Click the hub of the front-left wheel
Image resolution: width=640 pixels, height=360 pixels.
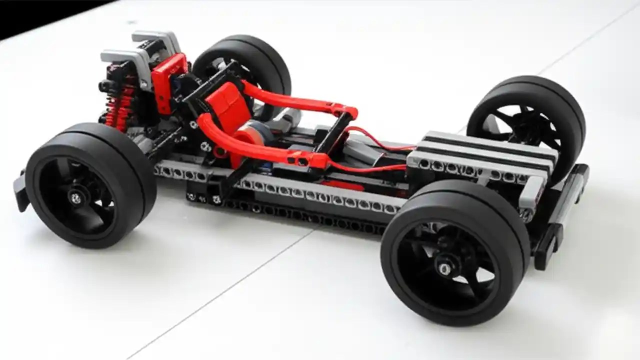[x=76, y=198]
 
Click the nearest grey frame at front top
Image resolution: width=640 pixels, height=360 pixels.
[x=125, y=62]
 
